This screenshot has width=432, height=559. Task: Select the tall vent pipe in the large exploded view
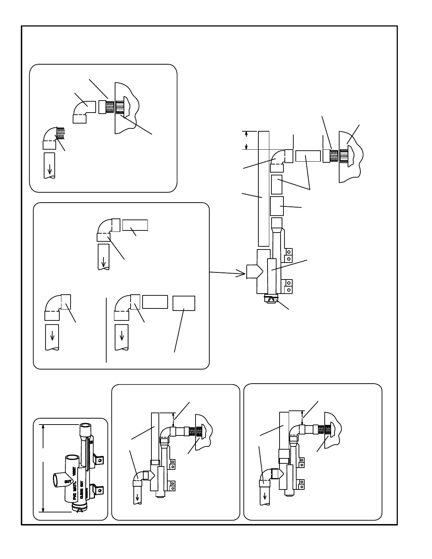(264, 189)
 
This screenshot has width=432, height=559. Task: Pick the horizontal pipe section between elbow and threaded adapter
(308, 156)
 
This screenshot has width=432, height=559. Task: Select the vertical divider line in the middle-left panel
(106, 330)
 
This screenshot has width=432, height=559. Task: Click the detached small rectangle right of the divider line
(184, 303)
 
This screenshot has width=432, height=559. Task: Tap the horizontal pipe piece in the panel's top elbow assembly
(135, 225)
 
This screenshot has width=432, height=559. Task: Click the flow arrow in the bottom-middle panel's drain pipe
(137, 498)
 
